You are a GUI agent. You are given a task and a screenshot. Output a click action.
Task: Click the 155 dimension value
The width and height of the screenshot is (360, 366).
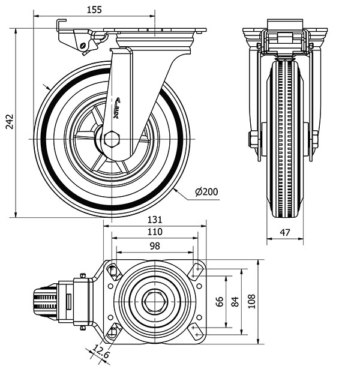[94, 9]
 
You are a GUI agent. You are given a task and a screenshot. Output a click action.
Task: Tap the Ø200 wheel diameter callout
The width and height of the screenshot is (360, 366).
[206, 192]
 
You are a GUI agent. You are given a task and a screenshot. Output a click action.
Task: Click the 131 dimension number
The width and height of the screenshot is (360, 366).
[155, 220]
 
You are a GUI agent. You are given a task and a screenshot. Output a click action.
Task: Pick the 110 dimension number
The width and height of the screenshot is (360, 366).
[155, 232]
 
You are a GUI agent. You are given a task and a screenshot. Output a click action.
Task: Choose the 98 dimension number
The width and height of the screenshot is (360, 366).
[155, 245]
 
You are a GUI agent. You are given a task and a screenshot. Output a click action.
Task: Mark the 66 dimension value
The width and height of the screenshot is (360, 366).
[220, 301]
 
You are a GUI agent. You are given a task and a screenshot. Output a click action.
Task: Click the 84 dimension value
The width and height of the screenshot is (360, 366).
[235, 301]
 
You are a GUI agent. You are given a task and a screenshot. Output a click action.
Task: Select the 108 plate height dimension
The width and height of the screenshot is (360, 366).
[251, 301]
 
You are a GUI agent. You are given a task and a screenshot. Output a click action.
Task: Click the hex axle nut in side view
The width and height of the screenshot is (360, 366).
[112, 139]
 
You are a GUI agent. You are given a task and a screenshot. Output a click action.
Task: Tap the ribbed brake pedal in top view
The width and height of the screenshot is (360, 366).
[45, 301]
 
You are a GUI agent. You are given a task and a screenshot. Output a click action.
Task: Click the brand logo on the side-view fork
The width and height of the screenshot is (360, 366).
[118, 109]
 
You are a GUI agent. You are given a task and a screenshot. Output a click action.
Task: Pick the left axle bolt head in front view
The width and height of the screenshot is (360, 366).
[253, 140]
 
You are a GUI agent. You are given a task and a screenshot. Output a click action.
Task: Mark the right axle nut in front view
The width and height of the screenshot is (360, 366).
[314, 140]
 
